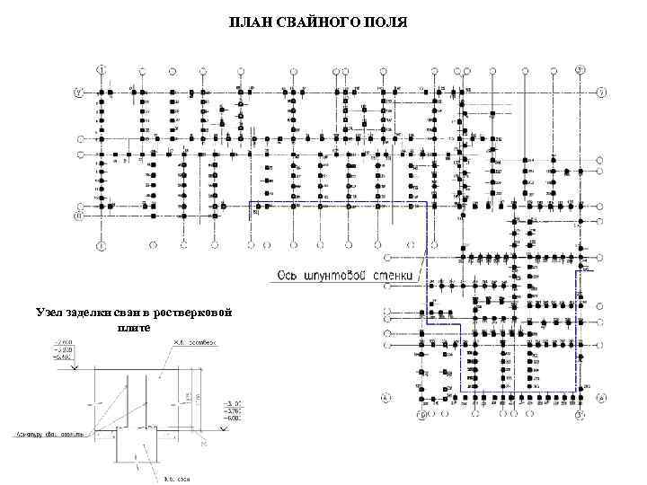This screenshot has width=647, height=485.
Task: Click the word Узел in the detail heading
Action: (51, 312)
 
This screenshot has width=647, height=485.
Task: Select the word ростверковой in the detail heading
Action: (192, 312)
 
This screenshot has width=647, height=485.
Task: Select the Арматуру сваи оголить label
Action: (49, 434)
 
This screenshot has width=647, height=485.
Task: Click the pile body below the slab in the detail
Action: (137, 449)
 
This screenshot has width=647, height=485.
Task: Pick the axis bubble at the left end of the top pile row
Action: (78, 92)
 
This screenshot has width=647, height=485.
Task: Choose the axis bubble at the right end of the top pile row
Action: (601, 92)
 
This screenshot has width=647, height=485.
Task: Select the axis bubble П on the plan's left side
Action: (78, 216)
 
